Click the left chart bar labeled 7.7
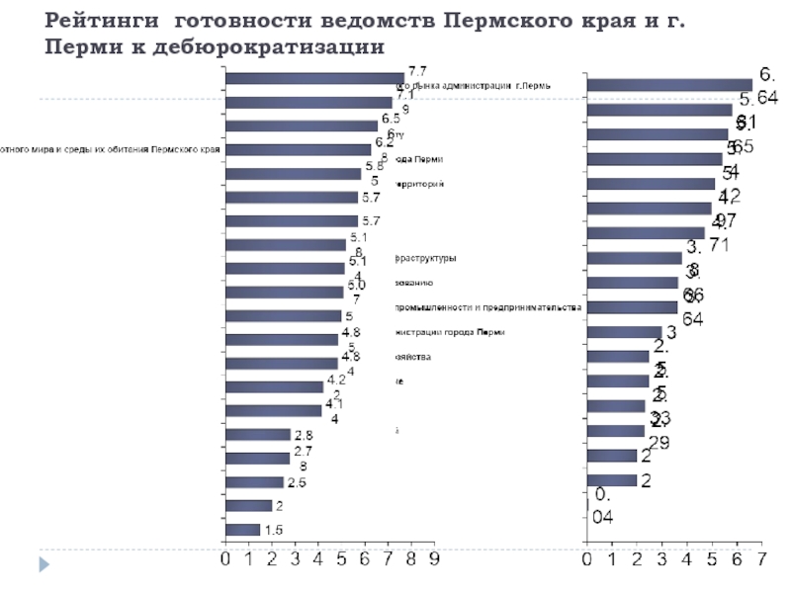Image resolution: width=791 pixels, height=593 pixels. pyautogui.click(x=313, y=79)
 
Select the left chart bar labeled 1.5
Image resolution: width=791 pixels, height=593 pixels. pyautogui.click(x=243, y=530)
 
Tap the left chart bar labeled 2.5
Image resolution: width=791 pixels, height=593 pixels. pyautogui.click(x=254, y=482)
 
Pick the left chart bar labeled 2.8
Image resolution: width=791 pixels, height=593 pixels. pyautogui.click(x=258, y=435)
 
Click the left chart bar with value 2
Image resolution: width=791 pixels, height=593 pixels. pyautogui.click(x=248, y=506)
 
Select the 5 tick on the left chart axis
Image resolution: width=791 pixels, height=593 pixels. pyautogui.click(x=341, y=560)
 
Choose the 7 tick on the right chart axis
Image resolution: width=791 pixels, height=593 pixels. pyautogui.click(x=761, y=560)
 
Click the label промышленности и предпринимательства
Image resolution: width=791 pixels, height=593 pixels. pyautogui.click(x=488, y=307)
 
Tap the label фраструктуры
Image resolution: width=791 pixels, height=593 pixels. pyautogui.click(x=426, y=259)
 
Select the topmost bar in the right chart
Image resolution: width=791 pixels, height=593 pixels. pyautogui.click(x=669, y=85)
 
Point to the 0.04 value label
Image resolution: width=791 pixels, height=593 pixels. pyautogui.click(x=601, y=504)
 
